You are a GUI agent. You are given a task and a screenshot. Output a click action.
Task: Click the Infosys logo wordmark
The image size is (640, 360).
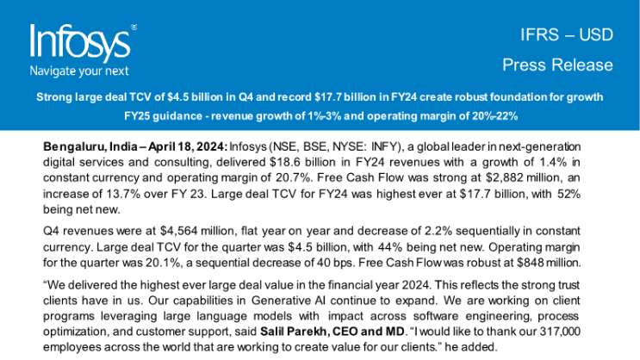[x=79, y=41]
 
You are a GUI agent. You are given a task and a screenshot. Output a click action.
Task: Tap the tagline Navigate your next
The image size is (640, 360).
[x=79, y=71]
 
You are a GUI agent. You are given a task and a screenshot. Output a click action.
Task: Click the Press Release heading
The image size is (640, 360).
[x=557, y=65]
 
